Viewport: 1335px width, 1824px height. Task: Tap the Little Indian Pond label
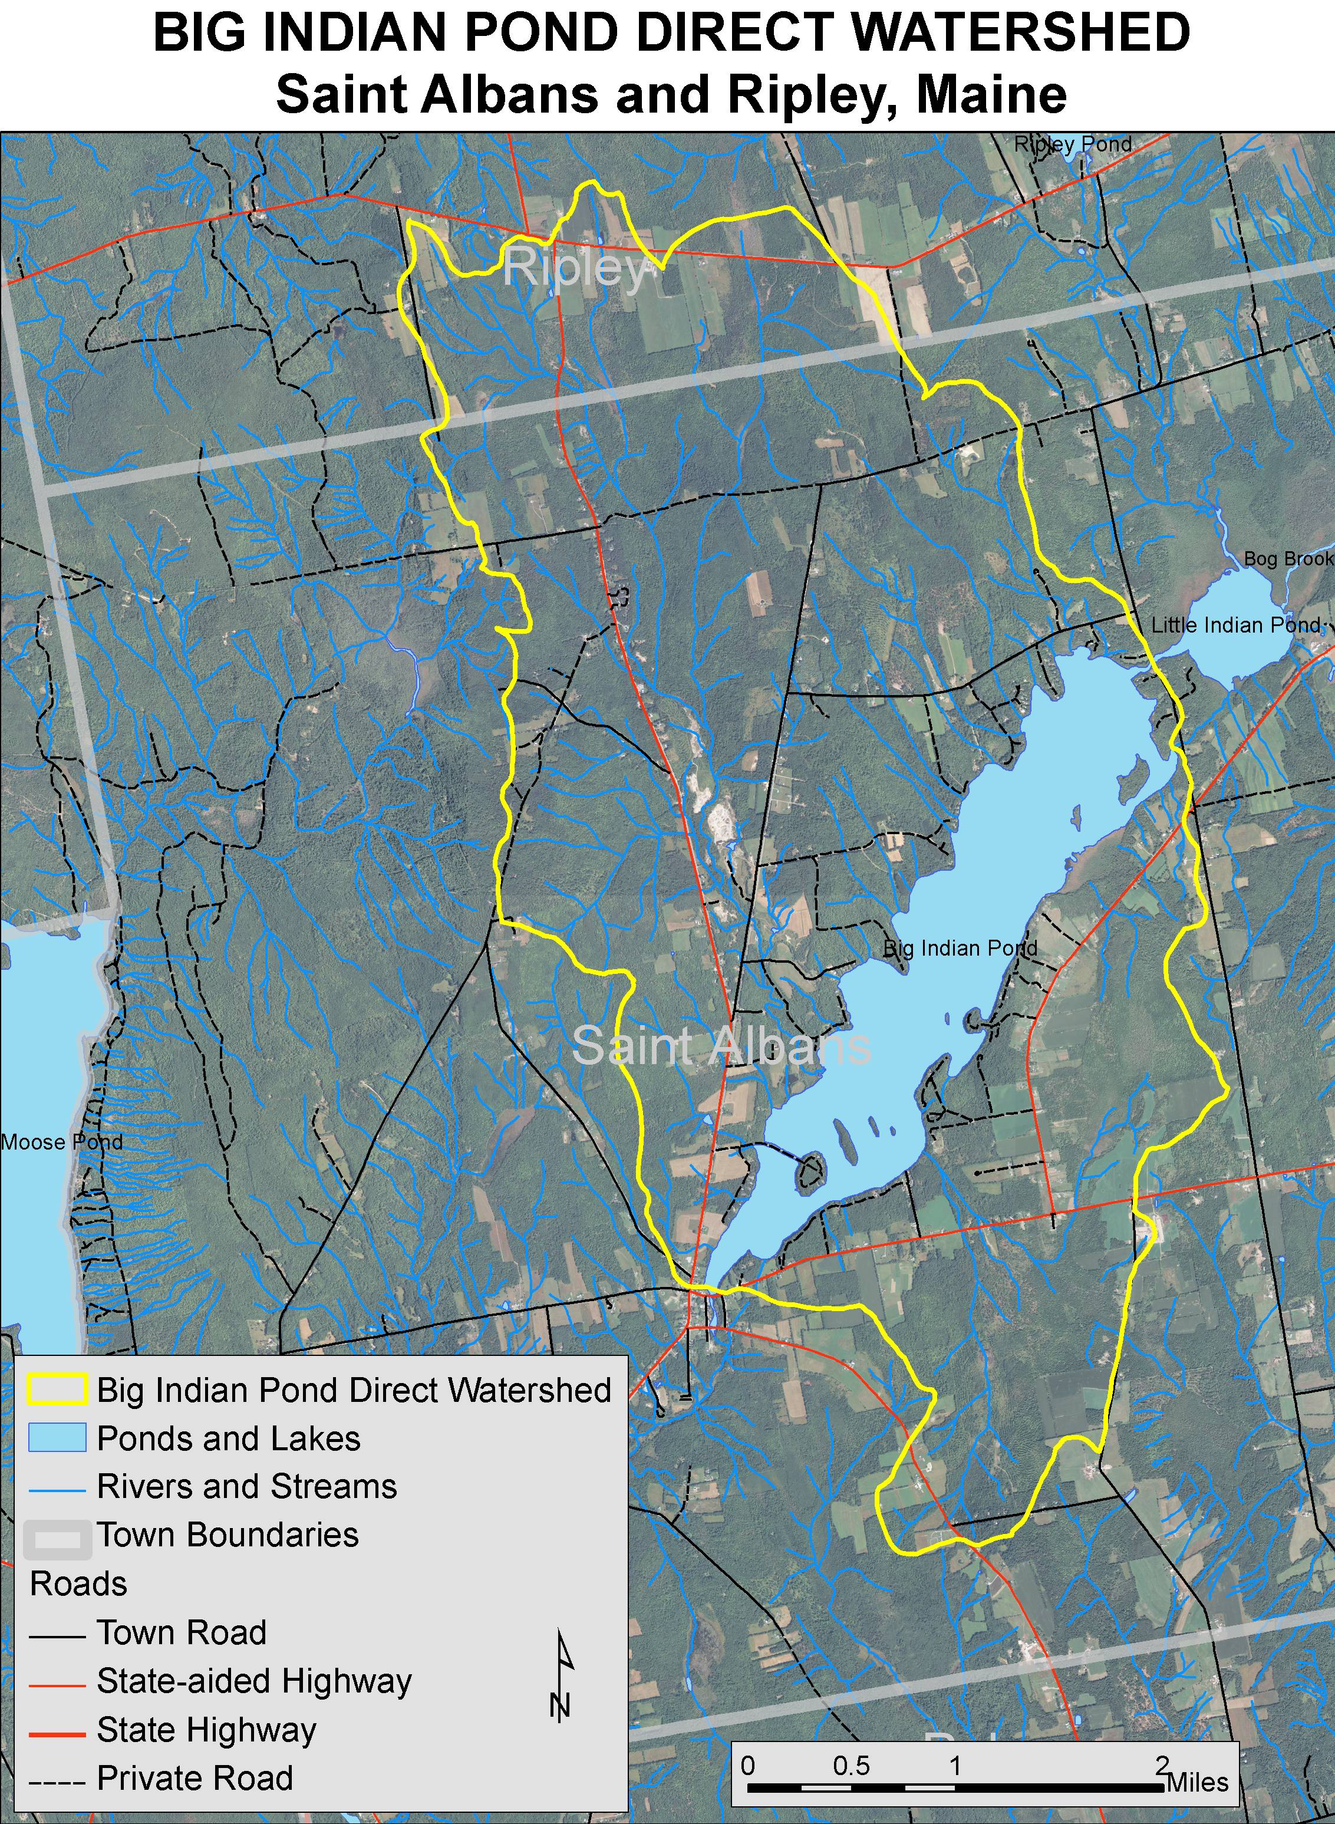pyautogui.click(x=1235, y=625)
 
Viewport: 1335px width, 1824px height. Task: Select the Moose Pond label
pyautogui.click(x=61, y=1142)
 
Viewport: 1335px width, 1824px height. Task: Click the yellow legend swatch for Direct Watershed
pyautogui.click(x=57, y=1390)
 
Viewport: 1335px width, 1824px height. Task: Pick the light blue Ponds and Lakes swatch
pyautogui.click(x=57, y=1438)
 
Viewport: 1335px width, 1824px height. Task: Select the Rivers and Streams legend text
pyautogui.click(x=246, y=1486)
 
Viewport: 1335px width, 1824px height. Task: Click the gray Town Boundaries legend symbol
pyautogui.click(x=57, y=1536)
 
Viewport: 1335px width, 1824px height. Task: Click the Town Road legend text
pyautogui.click(x=181, y=1632)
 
